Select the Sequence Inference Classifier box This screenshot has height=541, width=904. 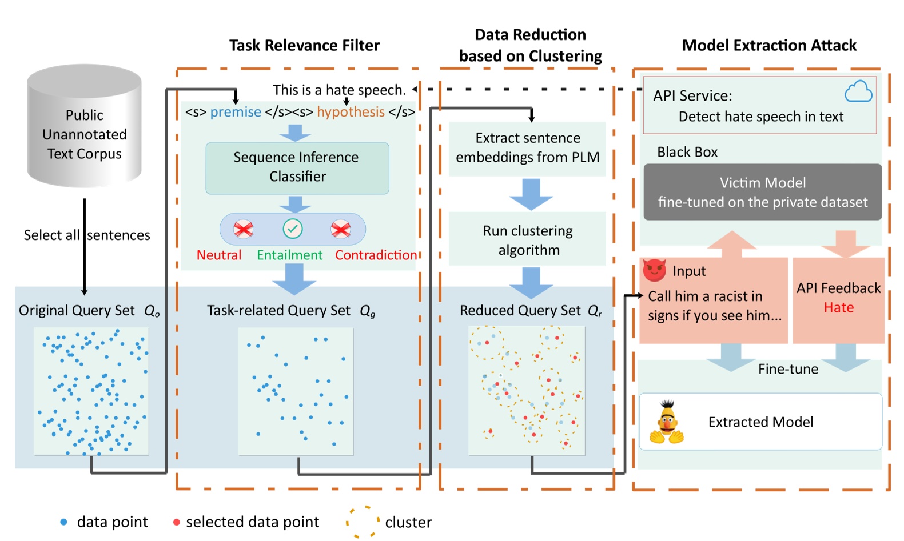(297, 167)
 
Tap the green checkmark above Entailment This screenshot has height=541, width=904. (293, 229)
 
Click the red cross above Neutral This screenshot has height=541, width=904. (244, 229)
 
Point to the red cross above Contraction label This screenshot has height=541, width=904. (341, 229)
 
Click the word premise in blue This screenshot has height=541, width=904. (236, 112)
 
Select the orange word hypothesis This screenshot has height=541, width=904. (351, 112)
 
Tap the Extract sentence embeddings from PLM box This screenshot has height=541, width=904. (527, 147)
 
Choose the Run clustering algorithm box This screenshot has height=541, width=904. (527, 239)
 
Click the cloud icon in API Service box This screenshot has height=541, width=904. (858, 91)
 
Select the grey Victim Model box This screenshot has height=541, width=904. (762, 192)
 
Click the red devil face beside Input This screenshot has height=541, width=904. (655, 270)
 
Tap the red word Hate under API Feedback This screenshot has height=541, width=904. (838, 308)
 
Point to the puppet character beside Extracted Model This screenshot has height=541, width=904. (667, 423)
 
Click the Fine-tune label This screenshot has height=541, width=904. (788, 369)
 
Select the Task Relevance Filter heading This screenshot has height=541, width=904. (304, 46)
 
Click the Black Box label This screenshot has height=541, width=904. (687, 152)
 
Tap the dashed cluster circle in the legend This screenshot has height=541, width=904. (363, 522)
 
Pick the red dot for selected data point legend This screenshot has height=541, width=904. (177, 522)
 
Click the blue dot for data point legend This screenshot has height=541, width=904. (64, 522)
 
